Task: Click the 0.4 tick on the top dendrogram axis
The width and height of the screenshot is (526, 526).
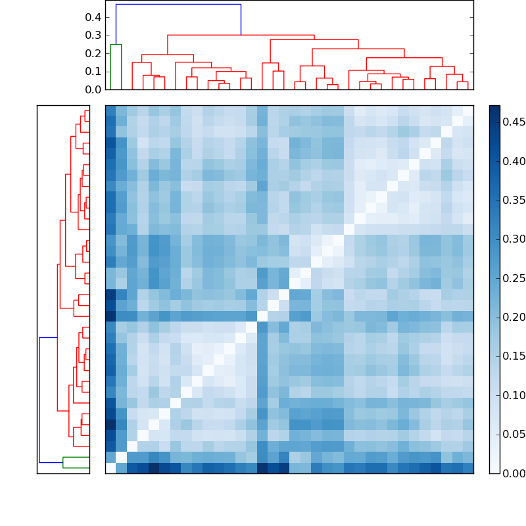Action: click(x=93, y=17)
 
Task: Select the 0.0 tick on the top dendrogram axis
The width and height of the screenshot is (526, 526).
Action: click(x=93, y=89)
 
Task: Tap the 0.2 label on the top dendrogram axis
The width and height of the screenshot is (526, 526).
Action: click(x=93, y=53)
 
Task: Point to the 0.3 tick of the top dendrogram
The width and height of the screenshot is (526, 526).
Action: click(x=93, y=35)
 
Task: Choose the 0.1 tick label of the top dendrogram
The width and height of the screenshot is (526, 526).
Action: click(x=93, y=71)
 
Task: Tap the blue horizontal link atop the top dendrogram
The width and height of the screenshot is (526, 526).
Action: click(x=178, y=5)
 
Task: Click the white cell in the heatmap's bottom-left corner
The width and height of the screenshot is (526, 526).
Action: click(x=110, y=468)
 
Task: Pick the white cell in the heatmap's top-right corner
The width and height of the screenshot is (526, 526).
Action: click(x=468, y=110)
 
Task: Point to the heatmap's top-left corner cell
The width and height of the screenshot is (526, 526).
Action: click(x=110, y=110)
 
